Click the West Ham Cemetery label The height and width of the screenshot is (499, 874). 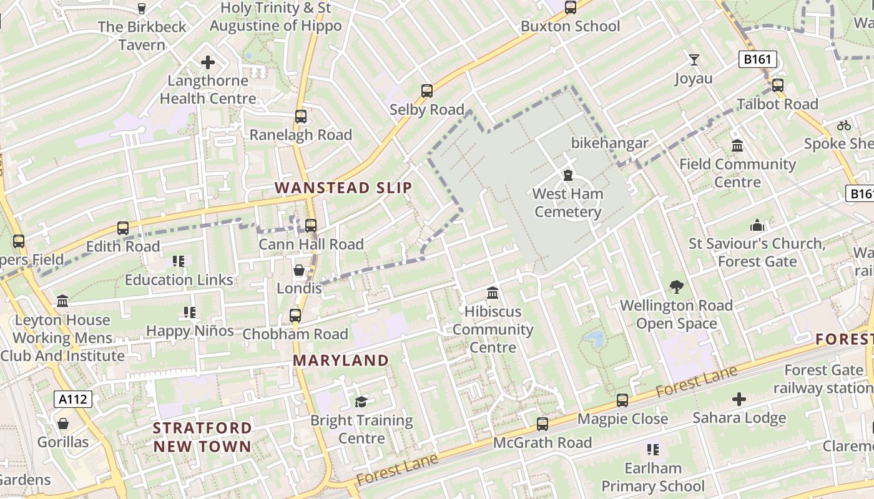(x=567, y=203)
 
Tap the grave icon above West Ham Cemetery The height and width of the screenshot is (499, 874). (x=568, y=175)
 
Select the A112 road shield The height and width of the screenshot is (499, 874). (x=73, y=399)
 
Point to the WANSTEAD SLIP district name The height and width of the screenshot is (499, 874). (x=343, y=188)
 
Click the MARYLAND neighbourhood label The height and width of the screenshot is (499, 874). (x=341, y=361)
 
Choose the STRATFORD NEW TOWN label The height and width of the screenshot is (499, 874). (x=202, y=437)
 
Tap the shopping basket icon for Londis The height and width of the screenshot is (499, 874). (x=299, y=270)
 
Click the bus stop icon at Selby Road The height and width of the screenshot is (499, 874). (x=427, y=91)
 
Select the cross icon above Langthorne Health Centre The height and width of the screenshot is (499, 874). (x=208, y=62)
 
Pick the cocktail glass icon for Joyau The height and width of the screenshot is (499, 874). (x=694, y=60)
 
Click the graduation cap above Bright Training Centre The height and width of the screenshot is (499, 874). (x=361, y=402)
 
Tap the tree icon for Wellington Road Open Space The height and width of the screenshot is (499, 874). (x=676, y=287)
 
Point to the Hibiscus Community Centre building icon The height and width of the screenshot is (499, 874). (x=493, y=293)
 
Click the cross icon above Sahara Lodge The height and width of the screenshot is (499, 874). (x=739, y=399)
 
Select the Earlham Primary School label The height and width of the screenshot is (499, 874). (x=653, y=477)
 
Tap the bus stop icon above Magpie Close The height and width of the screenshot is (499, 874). (x=622, y=400)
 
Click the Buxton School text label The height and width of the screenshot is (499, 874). (x=571, y=26)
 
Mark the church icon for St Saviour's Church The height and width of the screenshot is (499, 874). (x=757, y=225)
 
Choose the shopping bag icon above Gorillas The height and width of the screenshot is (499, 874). (x=63, y=424)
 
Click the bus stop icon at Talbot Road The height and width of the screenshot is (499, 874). (x=778, y=85)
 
